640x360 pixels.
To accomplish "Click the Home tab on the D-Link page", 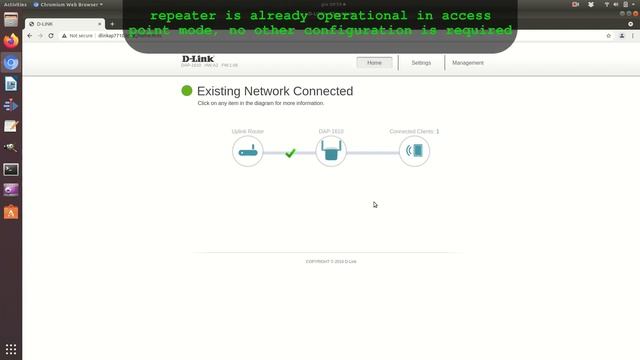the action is pos(374,63).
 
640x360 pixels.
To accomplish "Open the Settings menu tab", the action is pos(421,63).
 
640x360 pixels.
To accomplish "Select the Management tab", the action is pos(467,63).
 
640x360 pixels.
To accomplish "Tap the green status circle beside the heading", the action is pos(186,91).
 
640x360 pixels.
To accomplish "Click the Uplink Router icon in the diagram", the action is pos(248,152).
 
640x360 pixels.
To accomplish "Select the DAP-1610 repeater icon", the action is pos(331,152).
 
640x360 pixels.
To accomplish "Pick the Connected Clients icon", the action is pos(414,152).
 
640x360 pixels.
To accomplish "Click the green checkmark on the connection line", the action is pos(290,153).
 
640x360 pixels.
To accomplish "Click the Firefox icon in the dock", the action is pos(11,42).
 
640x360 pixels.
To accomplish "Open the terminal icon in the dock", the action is pos(11,170).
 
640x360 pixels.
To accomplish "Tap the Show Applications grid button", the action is pos(11,348).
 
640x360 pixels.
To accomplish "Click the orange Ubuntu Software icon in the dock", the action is pos(11,212).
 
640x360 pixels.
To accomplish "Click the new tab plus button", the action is pos(112,23).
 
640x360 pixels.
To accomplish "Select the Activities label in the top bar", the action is pos(15,4).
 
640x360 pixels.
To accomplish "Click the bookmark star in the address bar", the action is pos(609,35).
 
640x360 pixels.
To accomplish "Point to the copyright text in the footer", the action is pos(331,261).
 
